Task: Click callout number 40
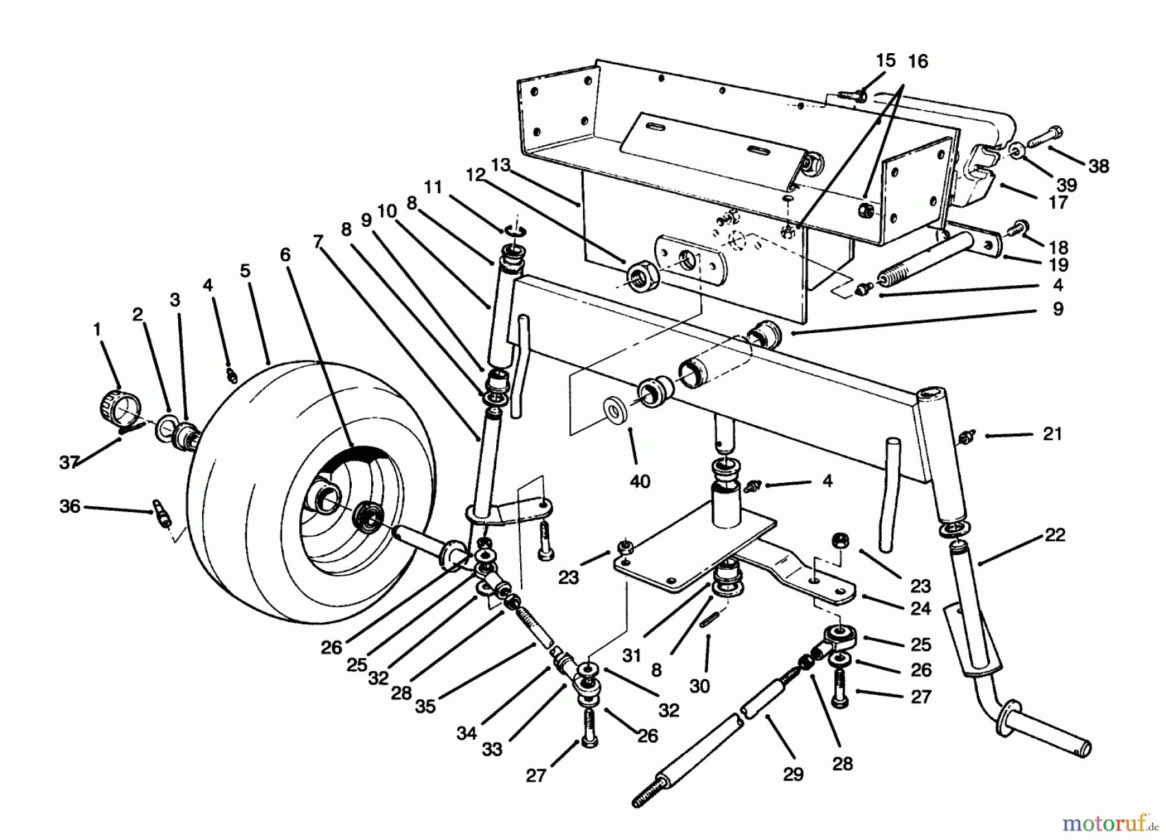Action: coord(639,482)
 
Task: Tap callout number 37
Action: coord(69,461)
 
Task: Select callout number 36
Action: coord(69,506)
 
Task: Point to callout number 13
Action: coord(501,165)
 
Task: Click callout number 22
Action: coord(1055,535)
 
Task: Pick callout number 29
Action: coord(793,773)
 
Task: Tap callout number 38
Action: coord(1099,166)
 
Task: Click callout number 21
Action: coord(1052,434)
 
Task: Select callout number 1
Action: coord(97,329)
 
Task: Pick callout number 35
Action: coord(425,706)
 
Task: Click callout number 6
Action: coord(286,254)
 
